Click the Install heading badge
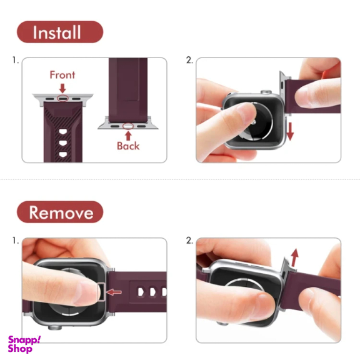[60, 32]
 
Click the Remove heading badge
[60, 212]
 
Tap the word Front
[62, 75]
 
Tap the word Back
[128, 146]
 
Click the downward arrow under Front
[62, 88]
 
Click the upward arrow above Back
[128, 136]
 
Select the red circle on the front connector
[62, 98]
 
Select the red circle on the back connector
[128, 126]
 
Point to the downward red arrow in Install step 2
[290, 131]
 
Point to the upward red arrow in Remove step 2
[294, 257]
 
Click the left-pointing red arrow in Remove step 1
[114, 292]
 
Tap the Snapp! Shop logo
[24, 344]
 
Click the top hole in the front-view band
[63, 131]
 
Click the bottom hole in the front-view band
[63, 154]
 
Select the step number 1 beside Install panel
[16, 61]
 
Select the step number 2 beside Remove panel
[189, 241]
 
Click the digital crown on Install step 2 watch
[266, 92]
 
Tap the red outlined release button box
[101, 292]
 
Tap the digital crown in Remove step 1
[55, 327]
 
